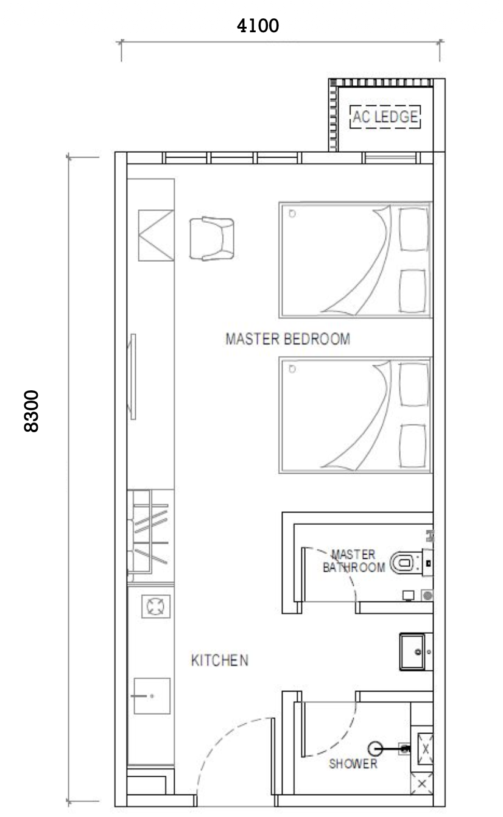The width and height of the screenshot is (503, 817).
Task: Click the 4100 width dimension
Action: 258,26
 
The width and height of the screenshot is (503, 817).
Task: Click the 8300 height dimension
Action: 32,411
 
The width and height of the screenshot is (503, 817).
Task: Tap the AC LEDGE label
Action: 385,117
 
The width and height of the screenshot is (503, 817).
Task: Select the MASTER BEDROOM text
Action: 288,339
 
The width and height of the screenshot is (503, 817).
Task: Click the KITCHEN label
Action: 220,660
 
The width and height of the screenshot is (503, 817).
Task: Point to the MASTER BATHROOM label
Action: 354,561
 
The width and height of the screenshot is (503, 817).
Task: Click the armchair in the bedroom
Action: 211,239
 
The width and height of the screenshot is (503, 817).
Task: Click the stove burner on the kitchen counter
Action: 156,606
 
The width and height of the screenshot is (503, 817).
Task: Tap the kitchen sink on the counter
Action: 152,695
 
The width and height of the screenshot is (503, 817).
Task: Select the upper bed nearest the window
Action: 355,260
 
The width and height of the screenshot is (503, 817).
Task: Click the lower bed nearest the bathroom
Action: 355,415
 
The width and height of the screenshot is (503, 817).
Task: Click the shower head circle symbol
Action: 375,749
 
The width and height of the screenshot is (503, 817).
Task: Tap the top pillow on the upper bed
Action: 413,229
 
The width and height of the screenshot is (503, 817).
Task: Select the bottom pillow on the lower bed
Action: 412,446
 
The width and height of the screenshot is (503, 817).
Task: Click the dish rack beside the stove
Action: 150,535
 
